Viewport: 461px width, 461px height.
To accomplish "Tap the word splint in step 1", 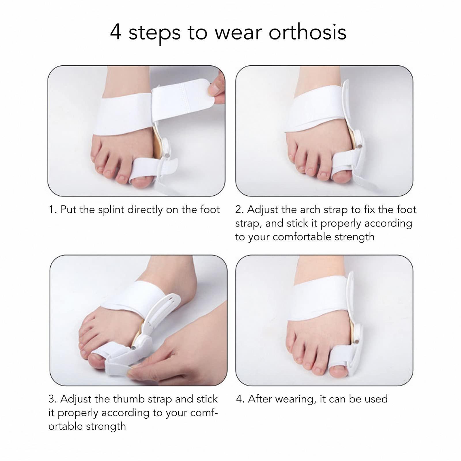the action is [112, 210].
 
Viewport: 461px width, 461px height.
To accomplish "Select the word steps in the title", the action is [154, 33].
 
